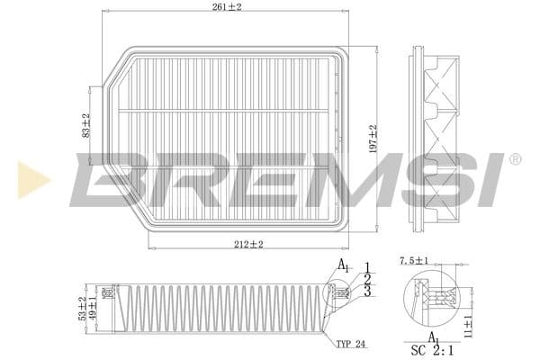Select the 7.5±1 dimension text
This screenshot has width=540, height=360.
tap(413, 260)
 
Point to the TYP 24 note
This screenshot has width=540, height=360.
tap(351, 344)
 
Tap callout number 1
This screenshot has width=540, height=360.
tap(367, 265)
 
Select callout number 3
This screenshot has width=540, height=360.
tap(367, 292)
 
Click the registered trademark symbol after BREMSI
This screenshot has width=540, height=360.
tap(514, 159)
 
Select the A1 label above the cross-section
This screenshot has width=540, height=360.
tap(343, 265)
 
